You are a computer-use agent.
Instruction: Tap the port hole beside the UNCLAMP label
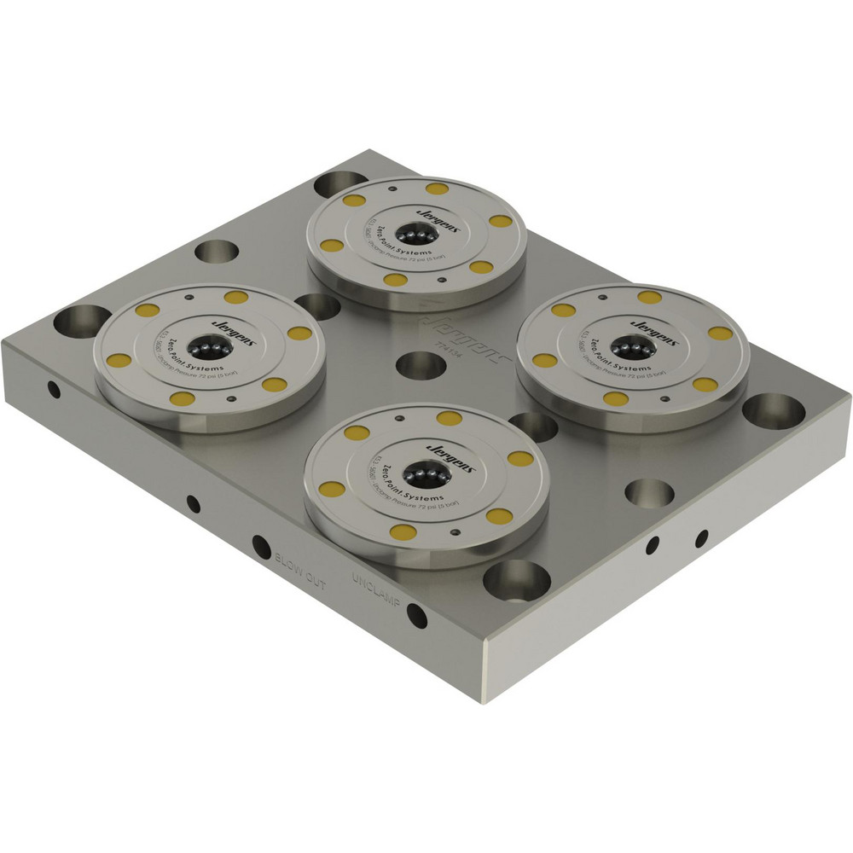click(416, 613)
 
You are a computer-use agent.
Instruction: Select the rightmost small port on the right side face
click(701, 538)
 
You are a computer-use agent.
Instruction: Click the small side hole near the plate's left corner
click(54, 391)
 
